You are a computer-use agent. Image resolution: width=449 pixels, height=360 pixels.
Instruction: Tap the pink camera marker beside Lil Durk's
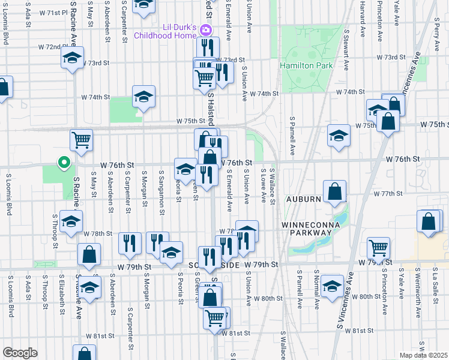click(206, 30)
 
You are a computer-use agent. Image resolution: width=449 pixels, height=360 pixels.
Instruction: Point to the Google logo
click(20, 353)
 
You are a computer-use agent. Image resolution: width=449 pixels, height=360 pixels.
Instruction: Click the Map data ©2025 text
click(423, 355)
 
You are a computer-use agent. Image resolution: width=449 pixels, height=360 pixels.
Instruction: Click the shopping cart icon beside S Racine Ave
click(82, 140)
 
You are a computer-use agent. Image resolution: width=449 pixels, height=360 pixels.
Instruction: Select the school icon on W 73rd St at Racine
click(72, 58)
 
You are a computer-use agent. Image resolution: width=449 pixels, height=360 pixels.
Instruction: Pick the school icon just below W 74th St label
click(144, 97)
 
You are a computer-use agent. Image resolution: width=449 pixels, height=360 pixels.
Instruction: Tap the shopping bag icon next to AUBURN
click(335, 191)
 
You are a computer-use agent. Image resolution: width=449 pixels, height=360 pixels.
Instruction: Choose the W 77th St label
click(387, 194)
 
